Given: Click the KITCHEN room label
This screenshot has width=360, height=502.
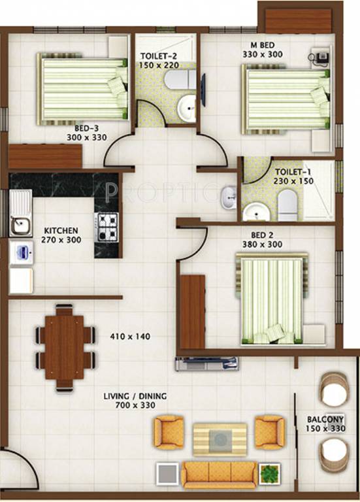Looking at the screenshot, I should (x=61, y=231).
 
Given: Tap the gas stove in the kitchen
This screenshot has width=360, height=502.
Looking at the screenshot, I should (x=106, y=227).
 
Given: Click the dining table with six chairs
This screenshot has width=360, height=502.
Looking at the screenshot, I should (x=65, y=348).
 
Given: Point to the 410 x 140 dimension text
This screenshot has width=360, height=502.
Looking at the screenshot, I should (x=130, y=337).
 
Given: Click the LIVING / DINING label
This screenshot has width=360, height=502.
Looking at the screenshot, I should (x=136, y=397).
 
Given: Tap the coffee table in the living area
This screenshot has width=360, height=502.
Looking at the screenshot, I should (x=220, y=439).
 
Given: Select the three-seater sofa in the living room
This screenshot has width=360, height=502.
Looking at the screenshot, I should (x=219, y=473).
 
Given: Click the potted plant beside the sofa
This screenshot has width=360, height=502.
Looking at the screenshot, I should (x=268, y=472).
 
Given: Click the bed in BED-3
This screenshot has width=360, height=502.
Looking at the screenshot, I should (x=82, y=90).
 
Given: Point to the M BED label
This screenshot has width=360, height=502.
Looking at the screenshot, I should (x=262, y=46).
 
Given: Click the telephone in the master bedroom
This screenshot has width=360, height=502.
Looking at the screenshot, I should (x=321, y=58).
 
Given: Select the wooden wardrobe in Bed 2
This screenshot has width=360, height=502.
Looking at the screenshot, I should (x=193, y=311).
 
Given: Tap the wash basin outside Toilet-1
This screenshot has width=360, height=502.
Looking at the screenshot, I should (x=228, y=197).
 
